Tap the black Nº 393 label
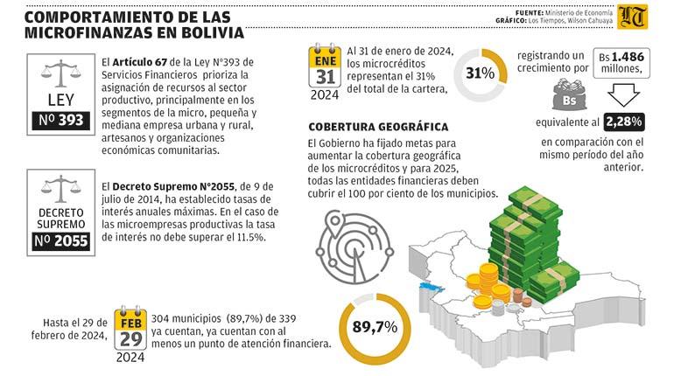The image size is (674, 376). [60, 120]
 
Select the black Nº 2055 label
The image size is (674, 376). [60, 240]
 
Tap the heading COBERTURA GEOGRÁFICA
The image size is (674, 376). [378, 127]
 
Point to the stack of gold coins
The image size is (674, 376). [488, 284]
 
